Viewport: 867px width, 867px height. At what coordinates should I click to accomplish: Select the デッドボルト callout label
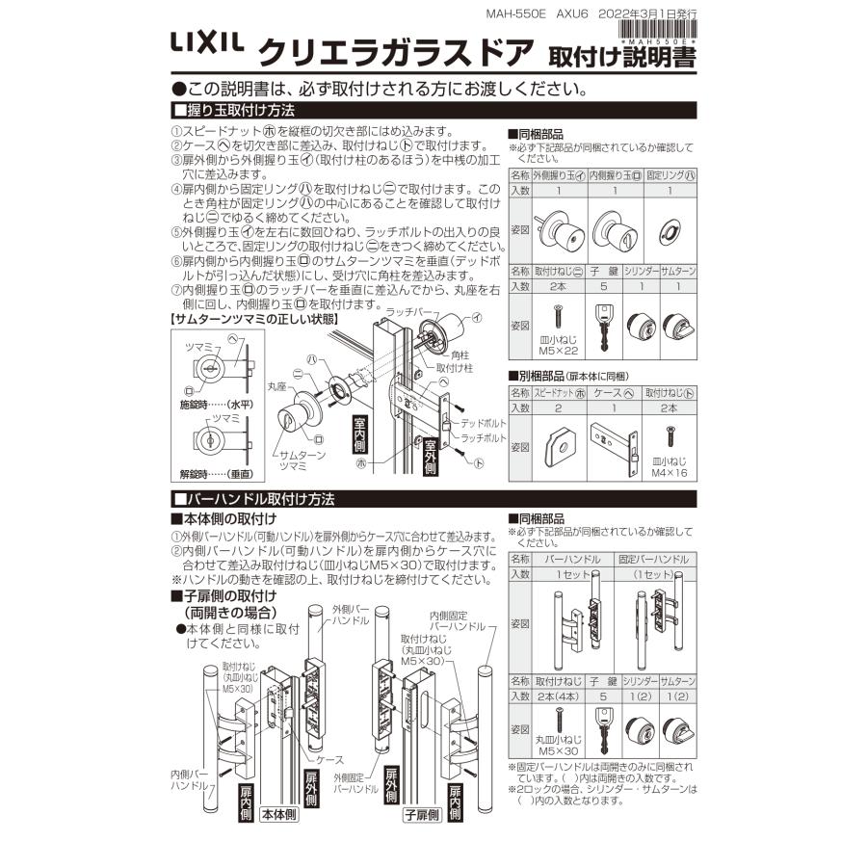tap(483, 423)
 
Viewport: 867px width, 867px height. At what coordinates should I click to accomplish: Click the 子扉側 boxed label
tap(421, 814)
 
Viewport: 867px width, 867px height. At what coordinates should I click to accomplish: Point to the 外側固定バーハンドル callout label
tap(355, 782)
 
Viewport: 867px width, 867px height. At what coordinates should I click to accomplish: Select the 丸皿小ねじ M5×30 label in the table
tap(558, 744)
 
